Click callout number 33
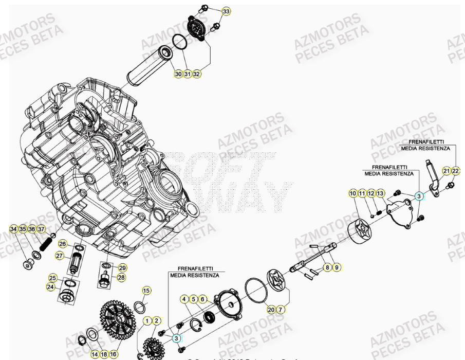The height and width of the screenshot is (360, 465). pos(227,11)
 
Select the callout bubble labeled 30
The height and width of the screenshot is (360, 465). pos(178,74)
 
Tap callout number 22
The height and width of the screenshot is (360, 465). pos(456,171)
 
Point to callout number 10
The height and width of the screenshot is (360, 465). pos(352,193)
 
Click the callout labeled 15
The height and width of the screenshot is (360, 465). pos(146,291)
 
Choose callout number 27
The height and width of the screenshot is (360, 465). pos(60,256)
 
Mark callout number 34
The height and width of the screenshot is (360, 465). pos(14,229)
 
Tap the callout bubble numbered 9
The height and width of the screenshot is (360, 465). pos(336,267)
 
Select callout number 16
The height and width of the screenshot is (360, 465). pos(114,354)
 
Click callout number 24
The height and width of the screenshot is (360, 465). pos(51,287)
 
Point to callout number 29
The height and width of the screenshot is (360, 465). pos(122,268)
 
